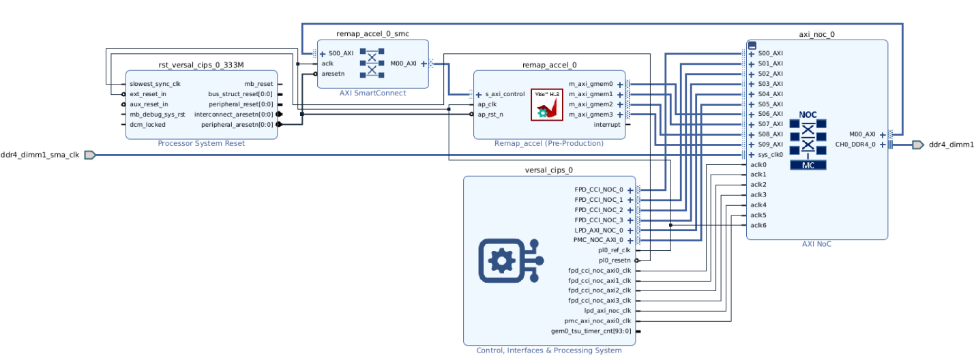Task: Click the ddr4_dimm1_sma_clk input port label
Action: pyautogui.click(x=40, y=155)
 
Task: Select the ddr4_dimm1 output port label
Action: pyautogui.click(x=951, y=145)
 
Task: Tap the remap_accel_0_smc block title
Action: pyautogui.click(x=372, y=33)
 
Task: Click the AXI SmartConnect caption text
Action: pyautogui.click(x=372, y=93)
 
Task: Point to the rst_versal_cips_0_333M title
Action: pyautogui.click(x=201, y=65)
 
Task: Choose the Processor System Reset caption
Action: pyautogui.click(x=201, y=143)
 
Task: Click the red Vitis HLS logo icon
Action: pyautogui.click(x=547, y=104)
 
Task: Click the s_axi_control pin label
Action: pyautogui.click(x=505, y=94)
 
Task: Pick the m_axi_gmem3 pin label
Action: pyautogui.click(x=591, y=115)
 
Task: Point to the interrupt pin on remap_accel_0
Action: pyautogui.click(x=607, y=125)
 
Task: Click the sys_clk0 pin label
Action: pyautogui.click(x=771, y=155)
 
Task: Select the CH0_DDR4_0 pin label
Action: pyautogui.click(x=855, y=145)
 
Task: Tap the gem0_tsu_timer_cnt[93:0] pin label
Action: pyautogui.click(x=591, y=331)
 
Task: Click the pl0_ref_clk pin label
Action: pyautogui.click(x=614, y=250)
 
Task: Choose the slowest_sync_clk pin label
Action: pyautogui.click(x=155, y=84)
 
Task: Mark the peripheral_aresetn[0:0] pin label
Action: pyautogui.click(x=237, y=125)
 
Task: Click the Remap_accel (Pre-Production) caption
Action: pyautogui.click(x=548, y=143)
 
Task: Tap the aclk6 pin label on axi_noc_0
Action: pyautogui.click(x=758, y=226)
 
